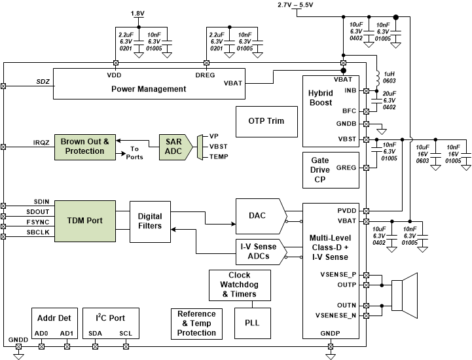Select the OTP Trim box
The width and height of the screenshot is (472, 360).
pyautogui.click(x=265, y=121)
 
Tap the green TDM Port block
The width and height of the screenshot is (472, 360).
pyautogui.click(x=84, y=221)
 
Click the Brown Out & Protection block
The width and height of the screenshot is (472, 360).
pyautogui.click(x=84, y=146)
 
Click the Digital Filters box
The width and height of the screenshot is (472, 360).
pyautogui.click(x=150, y=221)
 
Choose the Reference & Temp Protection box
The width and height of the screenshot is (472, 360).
pyautogui.click(x=196, y=324)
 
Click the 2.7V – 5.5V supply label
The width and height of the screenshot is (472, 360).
pyautogui.click(x=295, y=5)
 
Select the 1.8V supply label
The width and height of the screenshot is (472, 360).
pyautogui.click(x=138, y=13)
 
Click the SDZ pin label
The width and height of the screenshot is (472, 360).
pyautogui.click(x=43, y=82)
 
